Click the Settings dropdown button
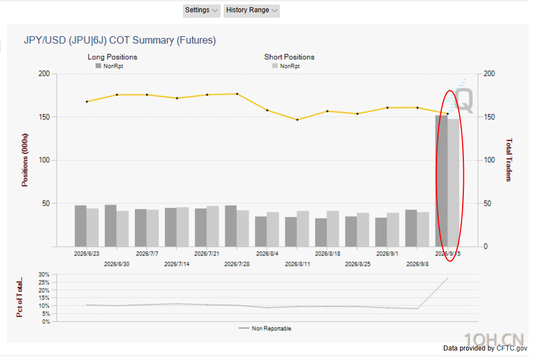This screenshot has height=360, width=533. click(202, 11)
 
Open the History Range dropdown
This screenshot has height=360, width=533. click(251, 11)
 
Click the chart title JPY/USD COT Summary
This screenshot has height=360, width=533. click(120, 40)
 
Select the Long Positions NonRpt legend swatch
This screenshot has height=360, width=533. click(98, 66)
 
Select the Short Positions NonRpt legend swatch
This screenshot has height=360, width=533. click(275, 66)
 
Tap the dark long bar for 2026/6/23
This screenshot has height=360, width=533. click(80, 226)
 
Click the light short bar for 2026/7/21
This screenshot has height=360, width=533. click(213, 226)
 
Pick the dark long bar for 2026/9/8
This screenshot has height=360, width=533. click(411, 228)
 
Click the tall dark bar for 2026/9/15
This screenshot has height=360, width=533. click(441, 181)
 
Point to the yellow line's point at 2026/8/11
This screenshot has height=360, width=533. click(297, 120)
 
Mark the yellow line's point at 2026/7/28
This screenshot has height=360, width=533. click(238, 94)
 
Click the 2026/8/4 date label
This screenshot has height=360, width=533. click(267, 254)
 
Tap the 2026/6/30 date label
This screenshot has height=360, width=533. click(117, 264)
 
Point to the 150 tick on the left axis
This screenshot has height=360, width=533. click(44, 117)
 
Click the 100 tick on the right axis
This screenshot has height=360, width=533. click(490, 160)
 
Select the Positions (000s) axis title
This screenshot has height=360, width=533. click(25, 160)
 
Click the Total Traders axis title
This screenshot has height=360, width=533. click(508, 160)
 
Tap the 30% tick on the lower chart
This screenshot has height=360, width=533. click(44, 274)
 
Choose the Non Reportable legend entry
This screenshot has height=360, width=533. click(265, 328)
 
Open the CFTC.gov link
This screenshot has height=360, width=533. click(512, 348)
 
